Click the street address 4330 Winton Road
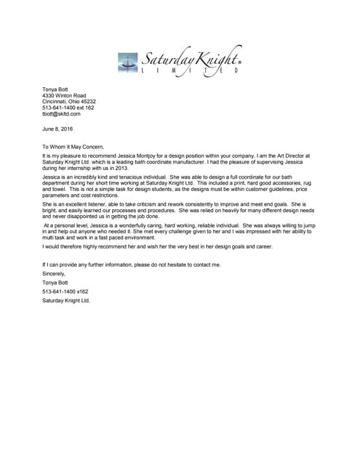pos(64,95)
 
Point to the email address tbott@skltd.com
pos(61,114)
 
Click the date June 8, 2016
pos(57,129)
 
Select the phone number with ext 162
pos(68,108)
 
